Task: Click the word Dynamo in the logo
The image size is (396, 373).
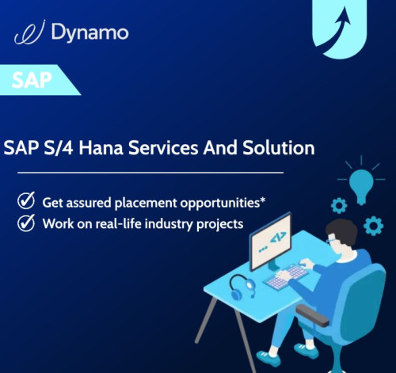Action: pos(89,32)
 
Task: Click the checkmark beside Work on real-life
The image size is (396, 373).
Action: pos(25,223)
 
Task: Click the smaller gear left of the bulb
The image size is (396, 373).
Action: pos(339,205)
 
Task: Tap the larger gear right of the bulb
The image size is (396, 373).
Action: pos(373,226)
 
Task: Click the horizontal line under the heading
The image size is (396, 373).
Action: pos(150,171)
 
